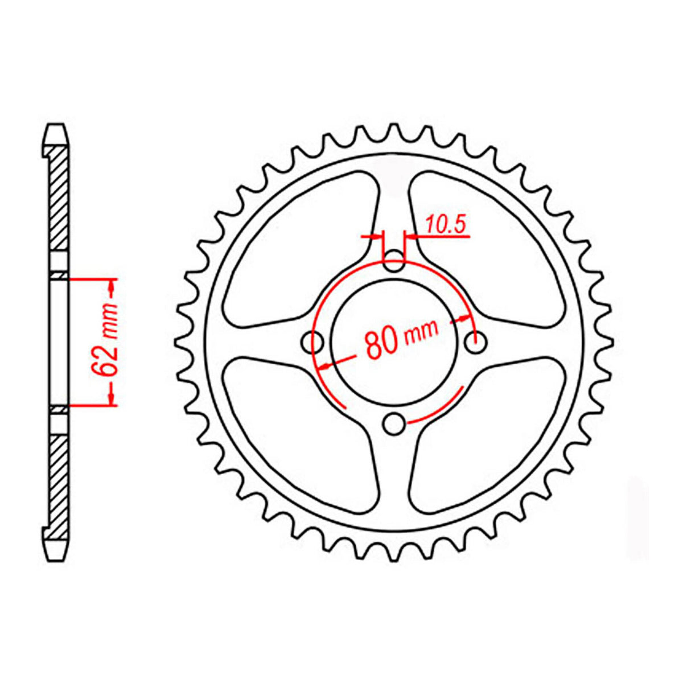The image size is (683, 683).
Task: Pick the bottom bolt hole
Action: [x=394, y=423]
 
